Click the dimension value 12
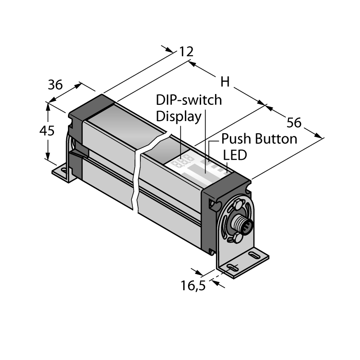tap(186, 52)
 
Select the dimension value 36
tap(55, 85)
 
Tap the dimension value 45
tap(47, 131)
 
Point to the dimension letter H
tap(225, 82)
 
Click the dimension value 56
tap(294, 122)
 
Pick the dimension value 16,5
tap(193, 286)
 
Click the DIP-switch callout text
tap(189, 100)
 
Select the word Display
tap(179, 117)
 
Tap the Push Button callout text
tap(259, 139)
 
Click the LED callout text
tap(235, 155)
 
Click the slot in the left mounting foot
tap(64, 171)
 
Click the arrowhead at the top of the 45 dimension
tap(48, 106)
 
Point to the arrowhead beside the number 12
tap(170, 50)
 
